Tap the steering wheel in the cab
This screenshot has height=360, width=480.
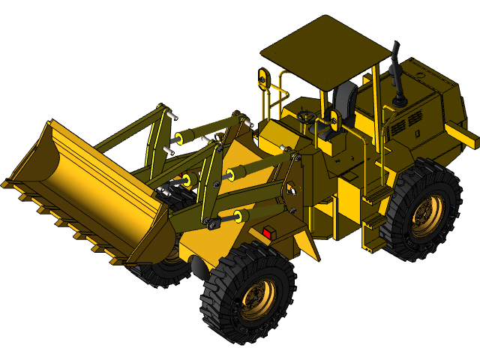(x=306, y=116)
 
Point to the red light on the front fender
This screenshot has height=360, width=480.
(x=266, y=233)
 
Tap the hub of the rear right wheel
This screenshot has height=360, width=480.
(x=425, y=215)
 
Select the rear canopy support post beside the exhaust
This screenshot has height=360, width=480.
(x=375, y=112)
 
